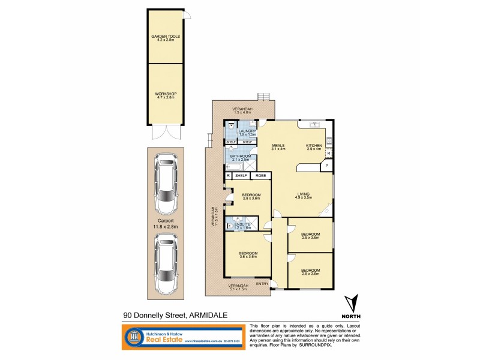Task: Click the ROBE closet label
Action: (x=260, y=176)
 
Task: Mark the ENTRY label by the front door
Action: (x=262, y=283)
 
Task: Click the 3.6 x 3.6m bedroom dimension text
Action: (x=248, y=257)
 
